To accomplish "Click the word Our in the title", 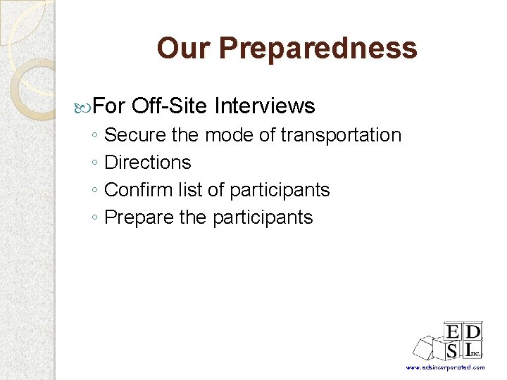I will pyautogui.click(x=184, y=49).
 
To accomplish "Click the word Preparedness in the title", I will pyautogui.click(x=318, y=49).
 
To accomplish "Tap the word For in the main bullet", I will pyautogui.click(x=109, y=106).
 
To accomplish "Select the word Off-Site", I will pyautogui.click(x=169, y=106).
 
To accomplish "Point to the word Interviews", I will pyautogui.click(x=264, y=106).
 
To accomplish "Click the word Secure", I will pyautogui.click(x=135, y=135).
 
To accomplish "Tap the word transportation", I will pyautogui.click(x=341, y=135).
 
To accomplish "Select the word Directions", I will pyautogui.click(x=148, y=163).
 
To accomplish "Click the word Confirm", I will pyautogui.click(x=137, y=190).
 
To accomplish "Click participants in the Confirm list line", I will pyautogui.click(x=280, y=190).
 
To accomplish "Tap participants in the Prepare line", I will pyautogui.click(x=263, y=217).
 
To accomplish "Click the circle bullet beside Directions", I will pyautogui.click(x=95, y=163).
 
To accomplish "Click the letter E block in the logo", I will pyautogui.click(x=452, y=331).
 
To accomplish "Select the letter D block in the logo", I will pyautogui.click(x=473, y=331).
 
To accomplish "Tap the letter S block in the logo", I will pyautogui.click(x=452, y=350).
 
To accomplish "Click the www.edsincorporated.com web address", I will pyautogui.click(x=445, y=368).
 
